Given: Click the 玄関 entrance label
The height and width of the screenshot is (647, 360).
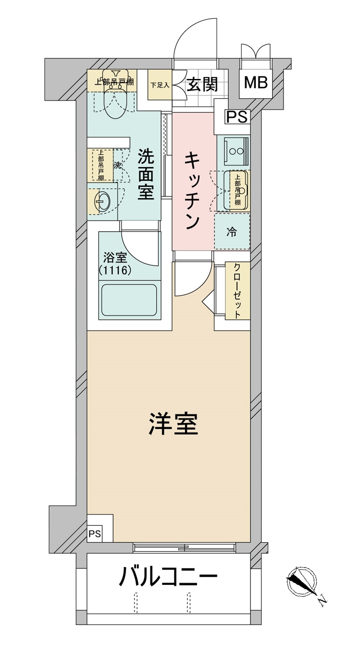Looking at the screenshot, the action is point(202,85).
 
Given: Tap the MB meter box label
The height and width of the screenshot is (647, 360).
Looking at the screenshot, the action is point(256,83).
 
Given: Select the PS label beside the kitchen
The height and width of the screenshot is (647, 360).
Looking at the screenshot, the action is point(237,117).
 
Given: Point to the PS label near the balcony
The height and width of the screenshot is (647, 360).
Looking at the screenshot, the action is point(95,534).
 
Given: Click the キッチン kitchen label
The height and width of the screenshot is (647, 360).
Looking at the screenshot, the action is point(192,191).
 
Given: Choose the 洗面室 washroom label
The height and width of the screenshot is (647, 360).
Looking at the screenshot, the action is point(145,174).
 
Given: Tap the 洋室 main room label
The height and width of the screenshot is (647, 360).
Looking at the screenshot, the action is point(173,424).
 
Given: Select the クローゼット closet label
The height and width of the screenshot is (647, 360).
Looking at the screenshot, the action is point(237,291).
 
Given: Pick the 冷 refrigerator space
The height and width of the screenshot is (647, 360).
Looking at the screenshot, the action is point(232,231).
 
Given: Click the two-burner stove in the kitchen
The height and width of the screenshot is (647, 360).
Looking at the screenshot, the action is point(237,151).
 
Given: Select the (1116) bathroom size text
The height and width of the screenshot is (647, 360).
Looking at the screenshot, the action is point(115,270).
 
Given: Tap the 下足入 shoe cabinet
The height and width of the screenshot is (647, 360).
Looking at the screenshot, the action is point(160,85).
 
